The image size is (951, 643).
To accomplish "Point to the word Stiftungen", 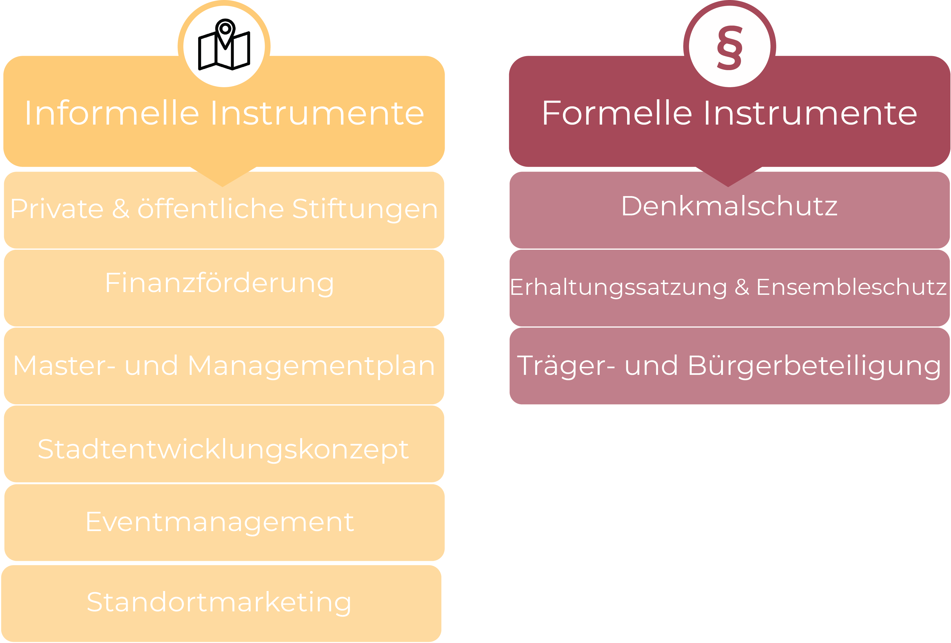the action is [365, 209].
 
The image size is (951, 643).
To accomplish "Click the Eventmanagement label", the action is [220, 522].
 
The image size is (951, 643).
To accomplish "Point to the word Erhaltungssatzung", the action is [618, 287].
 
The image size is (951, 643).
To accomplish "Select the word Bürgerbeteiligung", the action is [814, 366].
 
